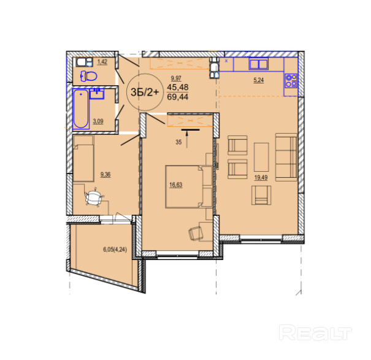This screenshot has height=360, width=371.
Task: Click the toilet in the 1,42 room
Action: tap(89, 76)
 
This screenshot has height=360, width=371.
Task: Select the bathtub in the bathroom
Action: tap(81, 109)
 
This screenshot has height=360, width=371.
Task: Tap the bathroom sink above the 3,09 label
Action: tap(97, 93)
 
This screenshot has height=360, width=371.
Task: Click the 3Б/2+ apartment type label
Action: tap(145, 92)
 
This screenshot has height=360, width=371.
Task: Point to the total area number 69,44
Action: tap(178, 96)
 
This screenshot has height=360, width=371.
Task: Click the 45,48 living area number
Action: tap(178, 87)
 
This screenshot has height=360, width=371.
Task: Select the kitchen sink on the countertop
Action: tap(258, 64)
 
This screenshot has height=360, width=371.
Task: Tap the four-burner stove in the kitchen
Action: tap(291, 81)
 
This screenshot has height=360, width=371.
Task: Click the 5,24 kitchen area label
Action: tap(258, 80)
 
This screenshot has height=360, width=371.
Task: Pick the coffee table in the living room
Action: tap(261, 157)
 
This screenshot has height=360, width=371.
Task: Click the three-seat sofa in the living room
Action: tap(286, 157)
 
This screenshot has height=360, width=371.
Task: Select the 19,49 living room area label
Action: tap(261, 177)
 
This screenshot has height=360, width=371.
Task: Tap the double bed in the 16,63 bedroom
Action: tap(184, 186)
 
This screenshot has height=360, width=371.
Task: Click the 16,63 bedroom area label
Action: tap(176, 185)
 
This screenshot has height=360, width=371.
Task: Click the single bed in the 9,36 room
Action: tap(83, 158)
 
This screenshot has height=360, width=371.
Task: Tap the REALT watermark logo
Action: tap(315, 332)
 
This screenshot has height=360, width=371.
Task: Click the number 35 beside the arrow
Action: tap(178, 142)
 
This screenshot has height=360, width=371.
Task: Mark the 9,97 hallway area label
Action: tap(176, 78)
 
